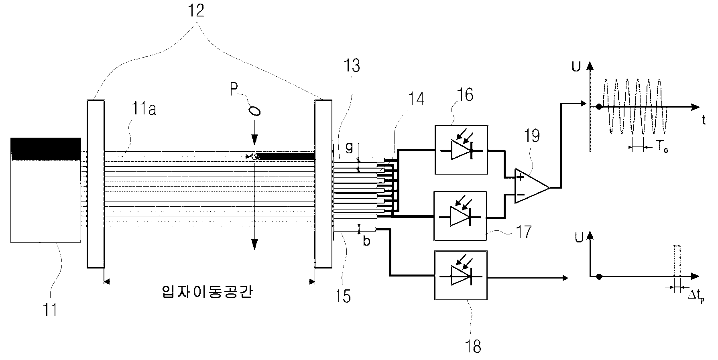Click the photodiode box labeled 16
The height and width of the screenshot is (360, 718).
click(461, 150)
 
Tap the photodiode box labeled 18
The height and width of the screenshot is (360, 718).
click(461, 275)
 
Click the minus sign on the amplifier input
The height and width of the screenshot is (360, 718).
click(520, 195)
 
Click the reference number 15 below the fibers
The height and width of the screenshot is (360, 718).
click(344, 295)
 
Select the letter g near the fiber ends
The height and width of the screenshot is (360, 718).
click(349, 148)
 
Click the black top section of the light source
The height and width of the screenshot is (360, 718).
click(46, 148)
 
